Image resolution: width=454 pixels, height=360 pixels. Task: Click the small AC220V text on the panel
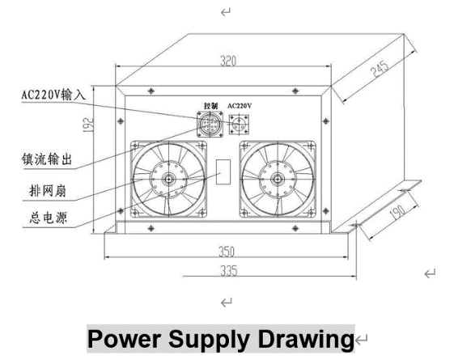241,107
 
